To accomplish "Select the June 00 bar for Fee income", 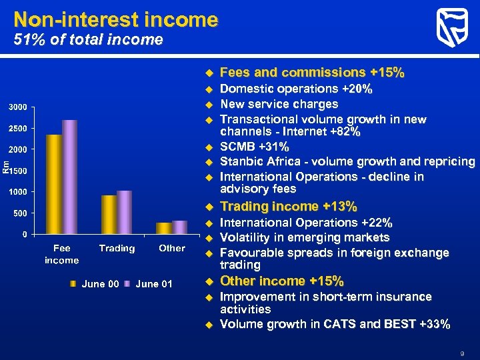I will [54, 184].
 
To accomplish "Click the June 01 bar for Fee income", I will [70, 177].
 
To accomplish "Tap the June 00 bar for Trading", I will [109, 215].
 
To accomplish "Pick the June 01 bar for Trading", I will [124, 212].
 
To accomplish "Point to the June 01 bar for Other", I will [179, 227].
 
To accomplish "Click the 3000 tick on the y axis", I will [18, 107].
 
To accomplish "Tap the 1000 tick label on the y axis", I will [18, 192].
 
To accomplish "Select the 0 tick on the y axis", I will [24, 234].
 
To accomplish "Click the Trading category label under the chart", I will [117, 249].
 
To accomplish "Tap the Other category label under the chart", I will [172, 249].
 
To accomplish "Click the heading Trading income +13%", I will [288, 207].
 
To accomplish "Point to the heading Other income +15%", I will [281, 281].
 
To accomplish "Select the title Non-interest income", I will [115, 19].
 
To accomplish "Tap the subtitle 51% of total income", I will [89, 40].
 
